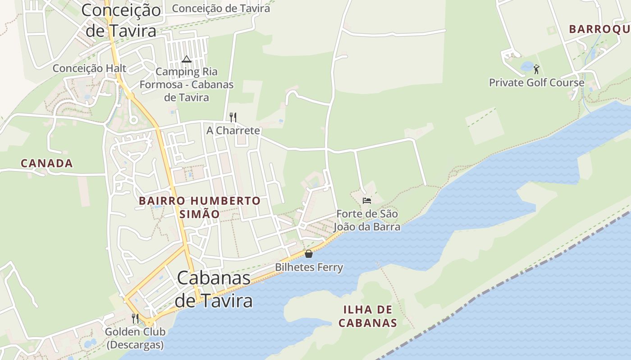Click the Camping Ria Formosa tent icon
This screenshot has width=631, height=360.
pos(187,59)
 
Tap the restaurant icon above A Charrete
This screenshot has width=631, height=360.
pos(233,117)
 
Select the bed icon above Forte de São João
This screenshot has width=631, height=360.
pos(367,200)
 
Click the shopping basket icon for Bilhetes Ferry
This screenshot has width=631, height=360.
pos(309,254)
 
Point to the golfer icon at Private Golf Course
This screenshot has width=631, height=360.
pos(536,69)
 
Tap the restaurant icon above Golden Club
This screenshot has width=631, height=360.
pos(135,318)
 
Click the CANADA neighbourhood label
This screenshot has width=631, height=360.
pos(47,163)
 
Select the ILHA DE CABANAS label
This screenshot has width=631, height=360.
pos(368,316)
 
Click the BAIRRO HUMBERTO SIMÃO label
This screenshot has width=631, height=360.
pos(200,207)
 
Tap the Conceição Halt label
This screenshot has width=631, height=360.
pos(90,68)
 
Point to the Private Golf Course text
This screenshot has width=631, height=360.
pos(537,83)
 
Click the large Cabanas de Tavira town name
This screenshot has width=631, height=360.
pos(214,289)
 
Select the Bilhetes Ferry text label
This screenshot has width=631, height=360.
pos(309,267)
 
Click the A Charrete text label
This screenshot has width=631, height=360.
pos(233,130)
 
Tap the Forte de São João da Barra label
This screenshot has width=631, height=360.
pos(367,220)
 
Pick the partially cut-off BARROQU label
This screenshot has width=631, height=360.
pos(599,29)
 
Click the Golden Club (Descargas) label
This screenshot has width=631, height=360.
pos(135,338)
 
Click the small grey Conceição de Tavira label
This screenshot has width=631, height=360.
pos(221,8)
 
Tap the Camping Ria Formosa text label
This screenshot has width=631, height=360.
pos(187,85)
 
